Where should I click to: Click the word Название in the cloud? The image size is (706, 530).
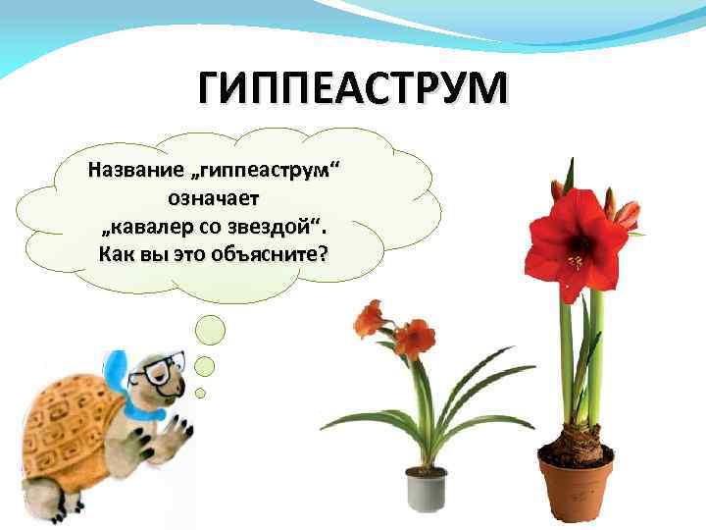coord(128,171)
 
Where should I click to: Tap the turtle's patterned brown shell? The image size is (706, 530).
coord(64,422)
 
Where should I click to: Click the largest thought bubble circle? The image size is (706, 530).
coord(208,333)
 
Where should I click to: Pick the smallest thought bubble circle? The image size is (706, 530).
coord(201,392)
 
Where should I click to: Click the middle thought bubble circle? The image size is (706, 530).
coord(205,366)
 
